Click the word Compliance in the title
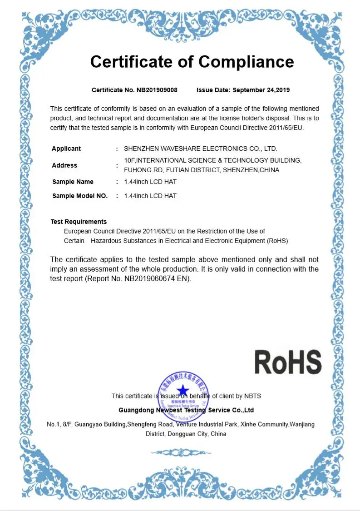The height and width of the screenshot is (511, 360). pyautogui.click(x=246, y=62)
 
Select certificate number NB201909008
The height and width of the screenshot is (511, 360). pyautogui.click(x=157, y=90)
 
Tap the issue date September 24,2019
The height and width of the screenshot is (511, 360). pyautogui.click(x=261, y=90)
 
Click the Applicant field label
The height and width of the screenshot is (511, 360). pyautogui.click(x=66, y=149)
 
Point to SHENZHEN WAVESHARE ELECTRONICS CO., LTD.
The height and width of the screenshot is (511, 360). pyautogui.click(x=200, y=149)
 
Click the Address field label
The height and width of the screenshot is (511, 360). pyautogui.click(x=64, y=165)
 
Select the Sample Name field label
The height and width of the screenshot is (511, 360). pyautogui.click(x=73, y=182)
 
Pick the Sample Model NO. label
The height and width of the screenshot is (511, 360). pyautogui.click(x=80, y=196)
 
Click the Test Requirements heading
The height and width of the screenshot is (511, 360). pyautogui.click(x=79, y=222)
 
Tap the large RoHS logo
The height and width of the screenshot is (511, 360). pyautogui.click(x=288, y=362)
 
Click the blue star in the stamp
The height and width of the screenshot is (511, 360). pyautogui.click(x=183, y=390)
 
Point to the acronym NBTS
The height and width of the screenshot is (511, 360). pyautogui.click(x=253, y=396)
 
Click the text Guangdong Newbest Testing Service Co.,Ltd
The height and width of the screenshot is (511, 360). pyautogui.click(x=186, y=410)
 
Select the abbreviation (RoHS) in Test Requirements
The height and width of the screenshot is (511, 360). pyautogui.click(x=277, y=241)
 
